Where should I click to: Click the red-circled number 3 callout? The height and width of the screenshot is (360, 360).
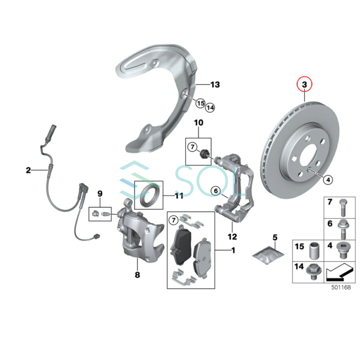coord(304,85)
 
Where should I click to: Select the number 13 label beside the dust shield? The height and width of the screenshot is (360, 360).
coord(215,85)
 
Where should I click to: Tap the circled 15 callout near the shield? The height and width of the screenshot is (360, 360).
coord(200,103)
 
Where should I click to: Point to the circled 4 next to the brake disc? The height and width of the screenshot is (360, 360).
coord(328,180)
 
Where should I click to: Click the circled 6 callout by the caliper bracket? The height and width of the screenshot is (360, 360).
coord(216,191)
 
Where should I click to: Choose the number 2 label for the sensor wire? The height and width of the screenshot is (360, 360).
coord(28,170)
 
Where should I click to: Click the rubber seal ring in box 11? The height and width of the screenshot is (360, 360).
coord(149,195)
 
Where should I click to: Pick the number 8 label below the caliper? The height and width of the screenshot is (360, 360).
coord(137,274)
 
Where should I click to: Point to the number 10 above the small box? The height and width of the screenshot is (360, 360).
coord(198,123)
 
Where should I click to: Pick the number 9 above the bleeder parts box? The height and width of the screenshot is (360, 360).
coord(100,194)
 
